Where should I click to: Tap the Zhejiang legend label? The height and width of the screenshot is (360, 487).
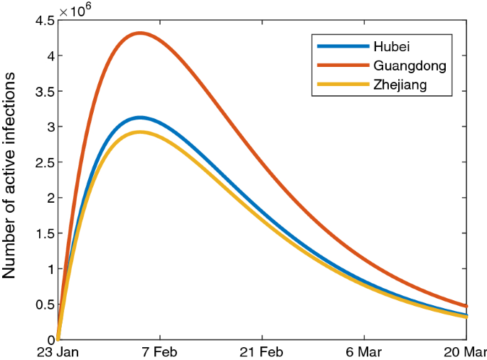click(402, 86)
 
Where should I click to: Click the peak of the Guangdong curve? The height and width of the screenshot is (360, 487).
click(140, 33)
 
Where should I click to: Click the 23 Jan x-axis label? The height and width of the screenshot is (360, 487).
click(58, 352)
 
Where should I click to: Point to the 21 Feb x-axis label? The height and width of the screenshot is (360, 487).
click(262, 352)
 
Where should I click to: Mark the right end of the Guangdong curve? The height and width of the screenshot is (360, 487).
click(466, 306)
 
